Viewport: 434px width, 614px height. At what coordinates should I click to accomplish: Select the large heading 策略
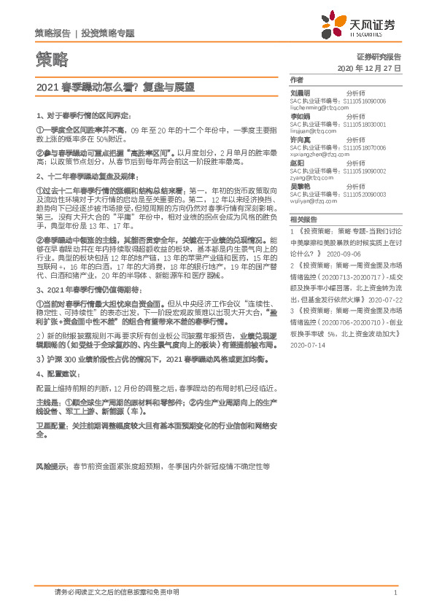pos(52,58)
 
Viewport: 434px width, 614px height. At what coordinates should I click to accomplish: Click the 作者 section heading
pos(296,79)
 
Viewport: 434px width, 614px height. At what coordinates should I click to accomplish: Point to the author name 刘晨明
pos(301,93)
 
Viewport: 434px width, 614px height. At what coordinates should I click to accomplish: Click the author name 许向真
pos(301,139)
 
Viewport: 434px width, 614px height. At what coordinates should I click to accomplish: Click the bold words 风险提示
pos(50,465)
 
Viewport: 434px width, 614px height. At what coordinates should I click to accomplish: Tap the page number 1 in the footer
pos(395,592)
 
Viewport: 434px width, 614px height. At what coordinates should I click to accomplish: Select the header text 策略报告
pos(53,34)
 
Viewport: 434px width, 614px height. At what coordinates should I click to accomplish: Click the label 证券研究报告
pos(378,56)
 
